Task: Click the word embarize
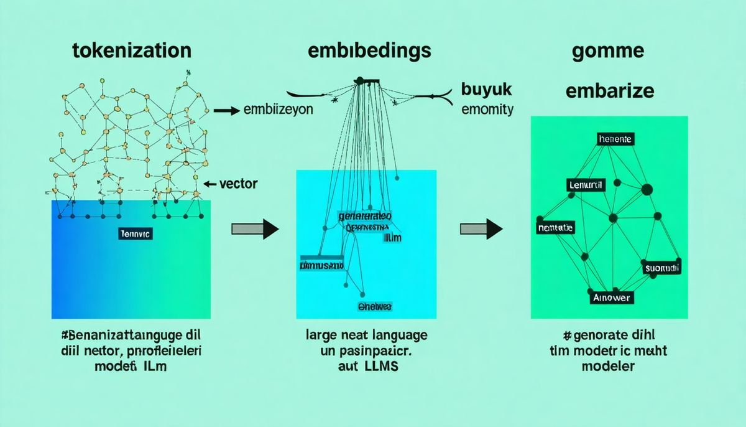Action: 609,91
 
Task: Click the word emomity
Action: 487,110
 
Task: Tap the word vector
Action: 239,184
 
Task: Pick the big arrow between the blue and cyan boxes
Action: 255,228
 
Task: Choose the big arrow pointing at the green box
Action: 481,228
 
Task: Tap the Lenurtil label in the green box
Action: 586,185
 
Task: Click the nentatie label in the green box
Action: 555,228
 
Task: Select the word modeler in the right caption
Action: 608,366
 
